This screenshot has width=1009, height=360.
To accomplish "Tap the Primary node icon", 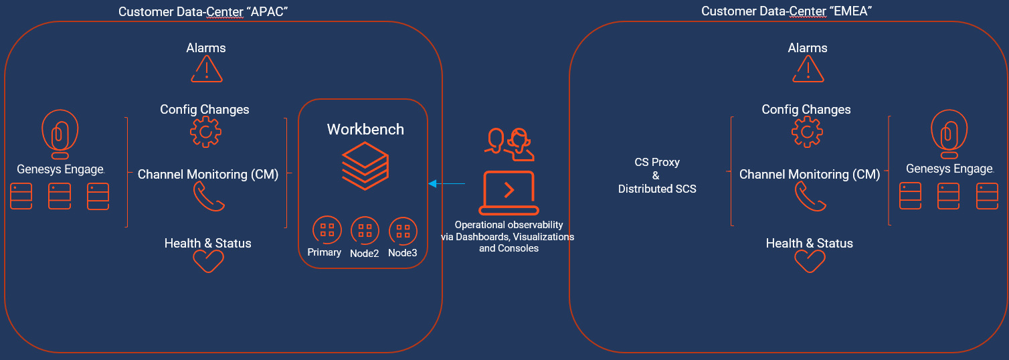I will [x=327, y=230].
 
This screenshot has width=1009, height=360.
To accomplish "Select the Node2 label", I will [x=365, y=253].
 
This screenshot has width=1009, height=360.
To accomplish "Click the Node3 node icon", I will [x=403, y=231].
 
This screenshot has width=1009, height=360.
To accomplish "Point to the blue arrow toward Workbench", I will [x=446, y=183].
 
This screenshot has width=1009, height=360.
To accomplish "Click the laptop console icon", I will [x=509, y=192].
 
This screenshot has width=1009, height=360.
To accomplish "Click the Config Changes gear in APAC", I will [x=205, y=132].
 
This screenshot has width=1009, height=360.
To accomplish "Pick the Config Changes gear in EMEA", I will [x=807, y=132].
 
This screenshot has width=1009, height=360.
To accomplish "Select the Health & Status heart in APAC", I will [x=208, y=261].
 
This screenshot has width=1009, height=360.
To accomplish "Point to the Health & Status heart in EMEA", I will [x=810, y=261].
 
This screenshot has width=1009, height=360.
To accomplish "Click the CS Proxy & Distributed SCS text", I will [x=656, y=175].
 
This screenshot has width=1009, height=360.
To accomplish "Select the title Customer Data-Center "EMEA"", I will [x=786, y=11].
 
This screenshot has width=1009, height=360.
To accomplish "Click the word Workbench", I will [x=365, y=129].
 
